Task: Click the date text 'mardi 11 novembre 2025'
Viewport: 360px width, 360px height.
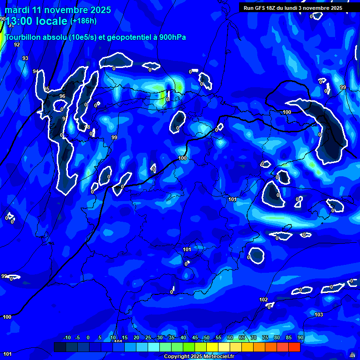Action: point(58,10)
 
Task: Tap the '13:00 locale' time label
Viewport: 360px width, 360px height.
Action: point(36,21)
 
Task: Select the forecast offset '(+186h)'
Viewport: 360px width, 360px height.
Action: point(83,21)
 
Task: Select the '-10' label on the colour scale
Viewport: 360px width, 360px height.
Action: point(67,338)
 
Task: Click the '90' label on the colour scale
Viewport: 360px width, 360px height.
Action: point(300,338)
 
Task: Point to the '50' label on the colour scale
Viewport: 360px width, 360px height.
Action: point(206,338)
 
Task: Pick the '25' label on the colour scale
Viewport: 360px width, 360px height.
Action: point(148,338)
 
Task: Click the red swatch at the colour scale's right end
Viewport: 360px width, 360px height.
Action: point(294,347)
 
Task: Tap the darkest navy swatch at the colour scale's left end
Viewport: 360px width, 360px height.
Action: point(60,347)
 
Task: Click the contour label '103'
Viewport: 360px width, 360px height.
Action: point(319,315)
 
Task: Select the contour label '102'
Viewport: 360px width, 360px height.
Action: point(263,300)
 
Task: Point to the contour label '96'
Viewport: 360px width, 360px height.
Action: point(62,97)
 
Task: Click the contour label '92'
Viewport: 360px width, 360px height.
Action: point(17,45)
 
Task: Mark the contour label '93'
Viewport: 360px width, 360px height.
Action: point(25,59)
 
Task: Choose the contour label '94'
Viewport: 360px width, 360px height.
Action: point(36,72)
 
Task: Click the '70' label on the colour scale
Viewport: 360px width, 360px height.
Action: point(253,338)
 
